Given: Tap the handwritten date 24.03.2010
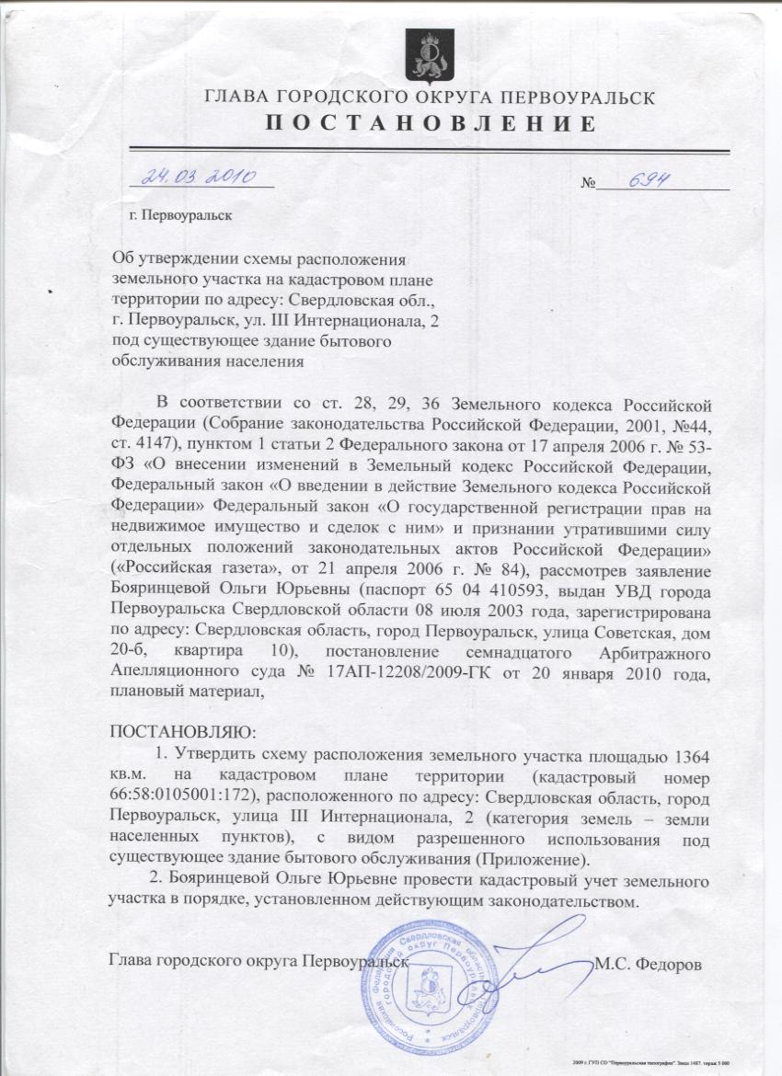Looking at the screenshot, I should point(203,175).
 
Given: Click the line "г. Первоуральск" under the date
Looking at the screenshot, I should point(180,217).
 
